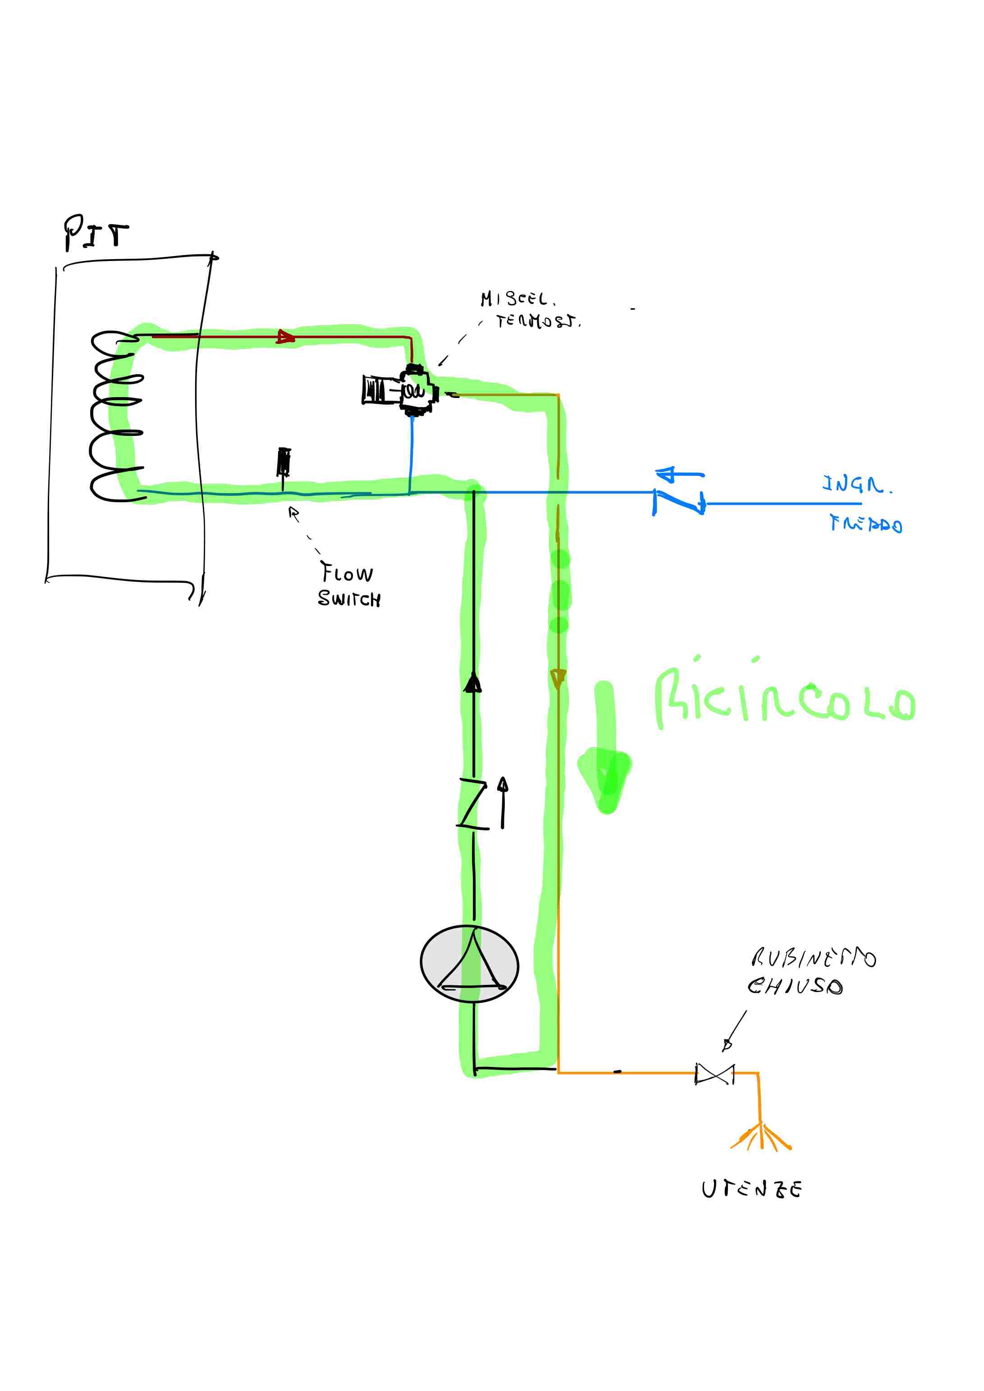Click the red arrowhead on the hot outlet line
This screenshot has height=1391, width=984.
[285, 337]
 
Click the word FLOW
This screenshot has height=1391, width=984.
[347, 572]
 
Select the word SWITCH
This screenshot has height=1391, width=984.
[350, 599]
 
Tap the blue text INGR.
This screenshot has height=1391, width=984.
[856, 485]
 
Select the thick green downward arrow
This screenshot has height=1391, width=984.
[605, 751]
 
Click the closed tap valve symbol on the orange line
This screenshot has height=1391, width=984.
[714, 1074]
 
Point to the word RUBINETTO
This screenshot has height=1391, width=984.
[813, 958]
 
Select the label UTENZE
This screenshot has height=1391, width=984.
[751, 1189]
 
